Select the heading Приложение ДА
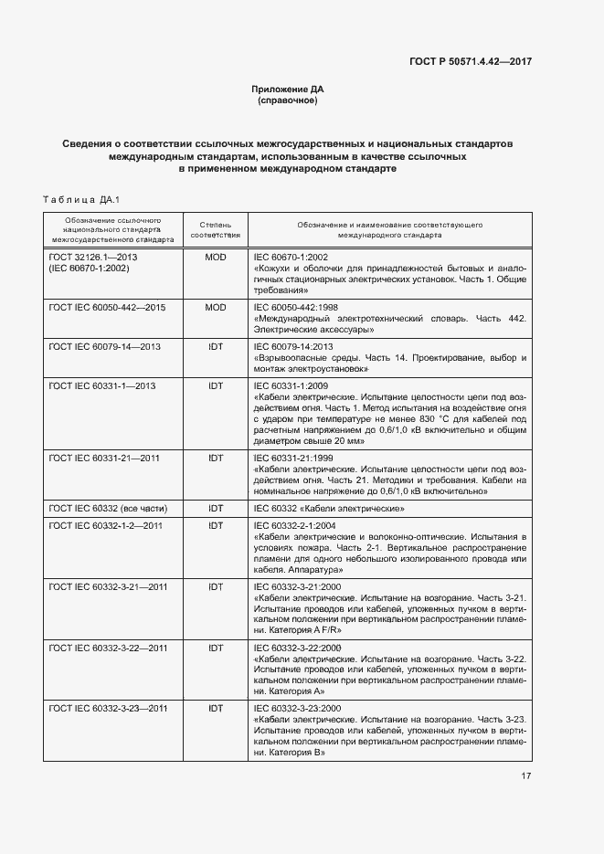coord(288,90)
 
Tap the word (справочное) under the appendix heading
coord(288,100)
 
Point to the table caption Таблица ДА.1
coord(81,199)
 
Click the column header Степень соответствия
coord(216,228)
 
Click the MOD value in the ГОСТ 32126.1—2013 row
coord(216,258)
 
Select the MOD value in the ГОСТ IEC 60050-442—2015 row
coord(216,308)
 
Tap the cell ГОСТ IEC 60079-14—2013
coord(104,346)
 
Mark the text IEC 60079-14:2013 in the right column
coord(291,346)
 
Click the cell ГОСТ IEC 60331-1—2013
coord(102,385)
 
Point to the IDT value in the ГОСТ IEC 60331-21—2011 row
coord(216,457)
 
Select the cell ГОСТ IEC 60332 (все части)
coord(108,508)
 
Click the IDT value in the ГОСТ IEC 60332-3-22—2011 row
coord(216,648)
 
